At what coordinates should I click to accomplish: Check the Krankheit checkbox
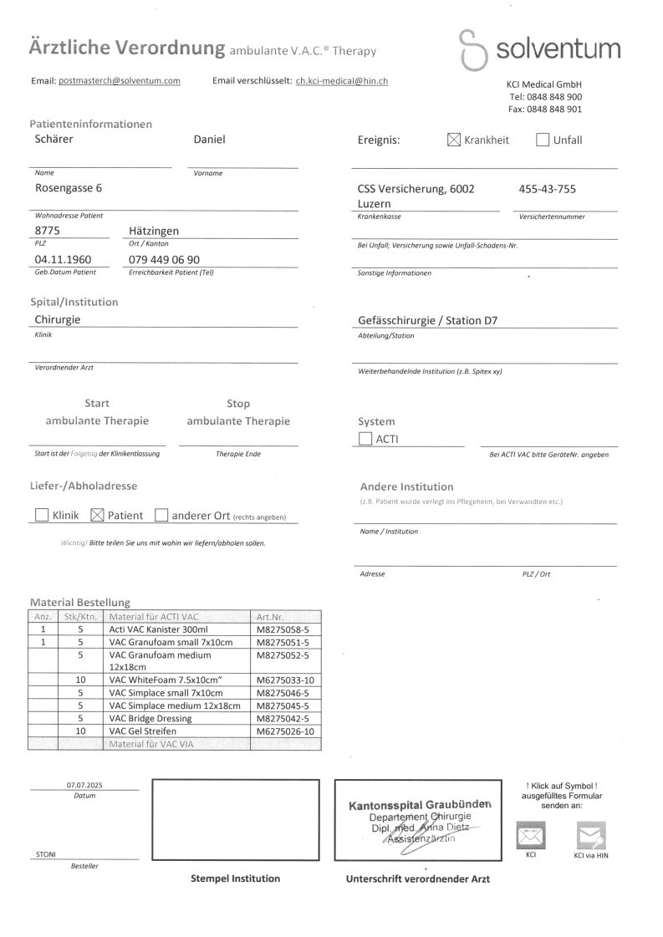[x=454, y=140]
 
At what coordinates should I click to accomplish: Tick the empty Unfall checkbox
[x=543, y=140]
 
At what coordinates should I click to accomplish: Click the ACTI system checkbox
[x=365, y=439]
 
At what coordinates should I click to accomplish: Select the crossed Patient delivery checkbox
[x=96, y=516]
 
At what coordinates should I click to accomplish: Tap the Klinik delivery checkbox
[x=42, y=516]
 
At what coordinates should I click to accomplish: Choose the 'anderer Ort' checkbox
[x=162, y=516]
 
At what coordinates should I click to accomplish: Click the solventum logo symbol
[x=475, y=49]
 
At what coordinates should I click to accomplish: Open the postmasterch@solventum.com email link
[x=120, y=81]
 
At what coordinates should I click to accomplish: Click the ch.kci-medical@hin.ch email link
[x=342, y=81]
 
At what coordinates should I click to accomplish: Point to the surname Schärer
[x=54, y=140]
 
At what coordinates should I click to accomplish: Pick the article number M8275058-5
[x=283, y=629]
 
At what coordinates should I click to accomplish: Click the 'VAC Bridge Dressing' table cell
[x=150, y=719]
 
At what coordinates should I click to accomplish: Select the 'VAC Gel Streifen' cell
[x=143, y=731]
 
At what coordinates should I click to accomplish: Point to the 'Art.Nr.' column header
[x=271, y=617]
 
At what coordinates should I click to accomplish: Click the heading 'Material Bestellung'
[x=80, y=602]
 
